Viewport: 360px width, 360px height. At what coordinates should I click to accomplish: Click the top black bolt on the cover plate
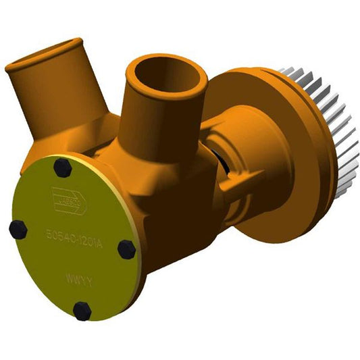coord(57,166)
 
